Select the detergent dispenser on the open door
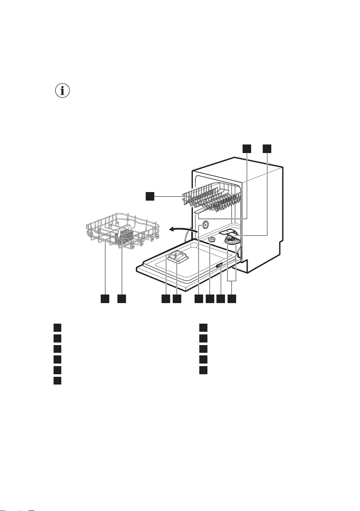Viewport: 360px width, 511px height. coord(177,259)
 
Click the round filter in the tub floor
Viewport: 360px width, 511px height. coord(231,241)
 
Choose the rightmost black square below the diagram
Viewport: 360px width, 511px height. coord(232,298)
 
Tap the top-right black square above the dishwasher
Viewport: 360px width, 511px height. coord(267,148)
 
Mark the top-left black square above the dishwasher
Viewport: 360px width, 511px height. coord(247,148)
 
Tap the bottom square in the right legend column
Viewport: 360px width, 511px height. coord(203,370)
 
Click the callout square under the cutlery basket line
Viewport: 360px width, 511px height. coord(122,298)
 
